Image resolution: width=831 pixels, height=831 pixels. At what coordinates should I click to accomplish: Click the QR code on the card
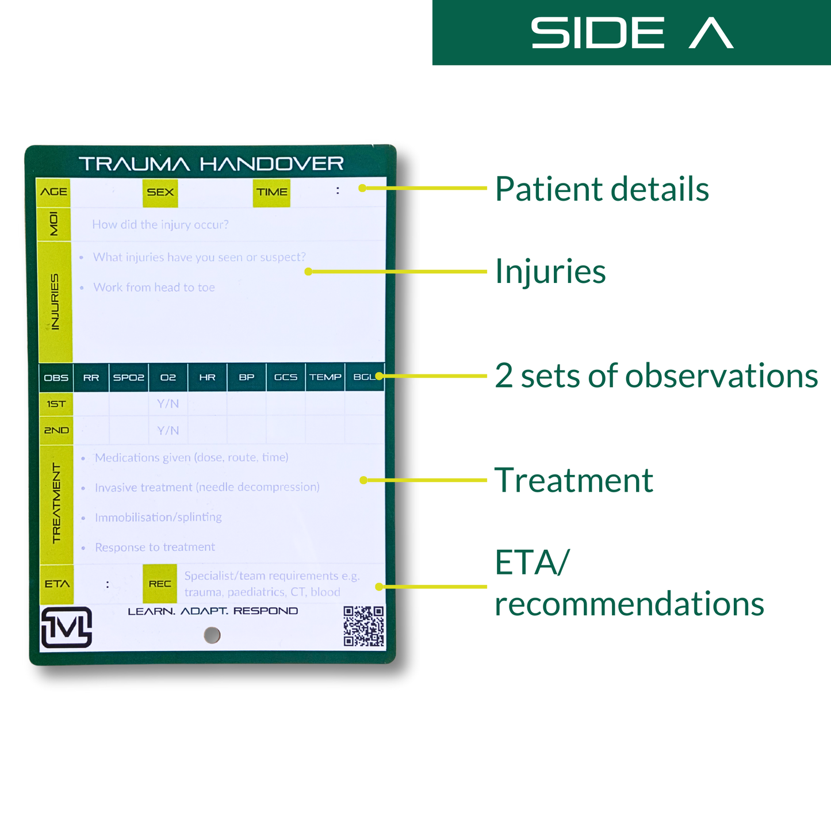point(363,626)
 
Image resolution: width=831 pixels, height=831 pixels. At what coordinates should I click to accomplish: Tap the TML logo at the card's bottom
point(67,627)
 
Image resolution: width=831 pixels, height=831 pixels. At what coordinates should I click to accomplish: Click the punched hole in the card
point(212,635)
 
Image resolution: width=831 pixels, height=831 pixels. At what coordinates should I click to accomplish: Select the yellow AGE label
point(53,192)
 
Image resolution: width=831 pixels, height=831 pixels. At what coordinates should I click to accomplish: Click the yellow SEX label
point(160,192)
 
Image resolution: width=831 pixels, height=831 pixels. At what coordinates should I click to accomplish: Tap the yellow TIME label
point(271,192)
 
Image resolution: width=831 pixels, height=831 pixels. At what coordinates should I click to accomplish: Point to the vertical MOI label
point(54,224)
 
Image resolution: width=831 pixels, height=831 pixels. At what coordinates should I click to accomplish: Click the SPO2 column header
point(129,378)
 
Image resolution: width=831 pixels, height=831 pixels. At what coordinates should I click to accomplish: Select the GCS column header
point(286,378)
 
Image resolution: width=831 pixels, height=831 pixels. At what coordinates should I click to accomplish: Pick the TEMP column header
point(325,378)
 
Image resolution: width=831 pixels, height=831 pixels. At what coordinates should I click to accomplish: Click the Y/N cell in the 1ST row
point(168,404)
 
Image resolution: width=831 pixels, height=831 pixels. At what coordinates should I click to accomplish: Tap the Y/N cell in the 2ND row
point(168,430)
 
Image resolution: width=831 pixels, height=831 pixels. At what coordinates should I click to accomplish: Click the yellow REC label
point(160,584)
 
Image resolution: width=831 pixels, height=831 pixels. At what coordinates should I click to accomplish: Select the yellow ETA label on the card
point(57,584)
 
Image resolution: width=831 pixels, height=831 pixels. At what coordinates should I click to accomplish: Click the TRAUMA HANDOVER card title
point(211,164)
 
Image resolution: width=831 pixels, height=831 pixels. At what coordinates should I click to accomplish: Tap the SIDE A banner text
point(631,33)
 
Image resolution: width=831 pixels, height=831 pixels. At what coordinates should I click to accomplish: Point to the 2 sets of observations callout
point(656,376)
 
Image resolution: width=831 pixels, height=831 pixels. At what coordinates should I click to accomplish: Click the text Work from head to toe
point(154,288)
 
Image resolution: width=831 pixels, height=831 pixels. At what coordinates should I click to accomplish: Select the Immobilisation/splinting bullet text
point(158,517)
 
